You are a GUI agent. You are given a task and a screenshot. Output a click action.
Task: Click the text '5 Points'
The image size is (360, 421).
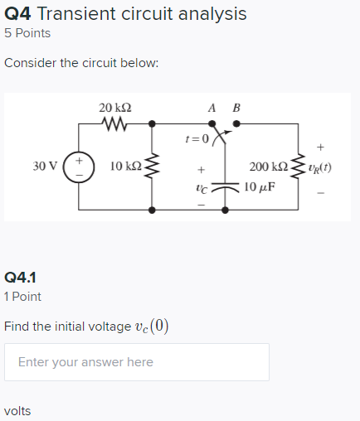[x=27, y=34]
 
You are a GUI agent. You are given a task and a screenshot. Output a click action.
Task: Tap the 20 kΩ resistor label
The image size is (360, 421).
[x=114, y=108]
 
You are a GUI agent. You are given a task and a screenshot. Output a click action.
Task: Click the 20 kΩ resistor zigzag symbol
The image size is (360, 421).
[x=114, y=124]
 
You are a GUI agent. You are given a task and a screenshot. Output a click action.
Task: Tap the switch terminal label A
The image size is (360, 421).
[x=213, y=108]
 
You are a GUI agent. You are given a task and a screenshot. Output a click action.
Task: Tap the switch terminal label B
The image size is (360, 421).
[x=236, y=108]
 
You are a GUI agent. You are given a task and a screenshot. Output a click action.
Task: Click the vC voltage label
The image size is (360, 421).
[x=201, y=186]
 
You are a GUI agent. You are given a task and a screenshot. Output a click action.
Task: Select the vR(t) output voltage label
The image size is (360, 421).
[x=321, y=167]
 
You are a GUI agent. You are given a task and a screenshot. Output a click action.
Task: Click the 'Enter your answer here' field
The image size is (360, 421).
[x=136, y=362]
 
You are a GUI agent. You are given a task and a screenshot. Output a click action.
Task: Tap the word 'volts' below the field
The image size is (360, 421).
[x=17, y=411]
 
